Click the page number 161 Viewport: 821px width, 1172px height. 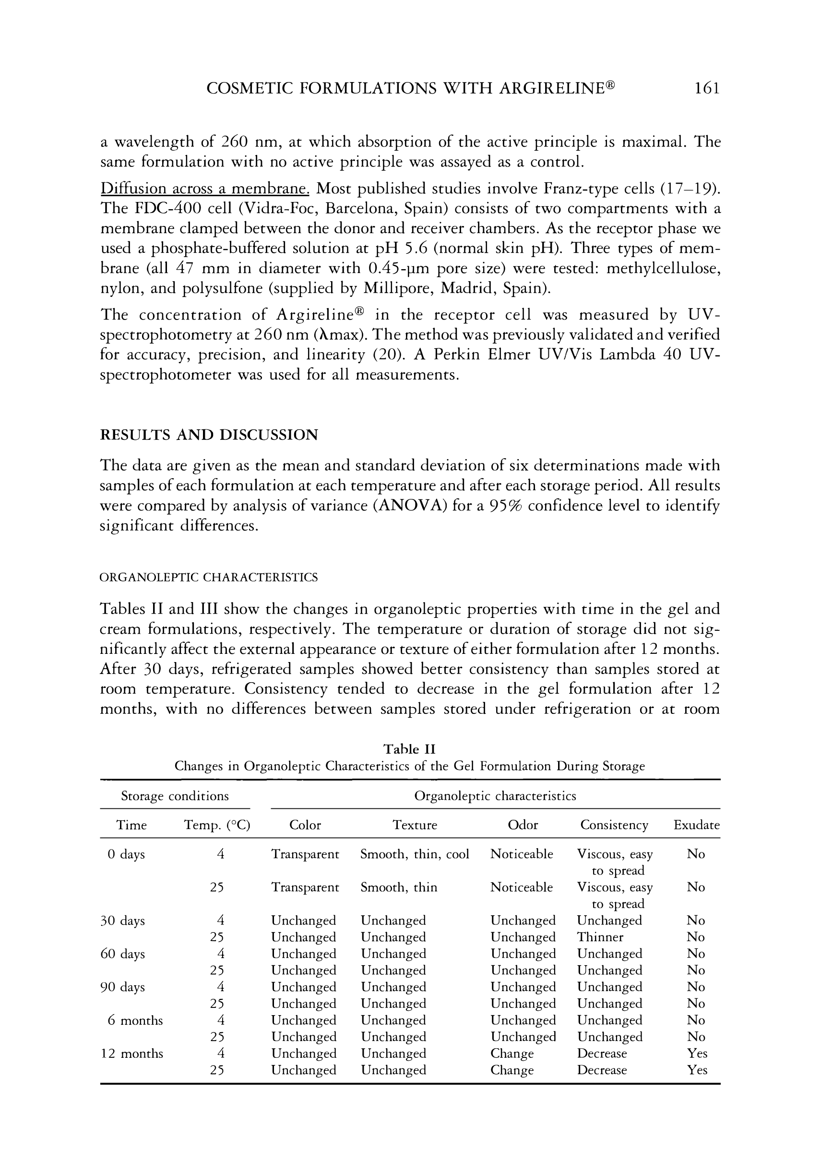707,89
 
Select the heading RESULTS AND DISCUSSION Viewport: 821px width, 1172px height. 208,435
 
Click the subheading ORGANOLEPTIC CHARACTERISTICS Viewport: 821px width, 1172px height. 208,577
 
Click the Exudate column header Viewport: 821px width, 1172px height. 696,825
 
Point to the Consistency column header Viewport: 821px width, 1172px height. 614,825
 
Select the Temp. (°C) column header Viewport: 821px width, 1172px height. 217,825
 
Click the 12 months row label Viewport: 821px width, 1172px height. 132,1053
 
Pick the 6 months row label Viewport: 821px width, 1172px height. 135,1020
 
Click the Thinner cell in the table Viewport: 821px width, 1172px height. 600,936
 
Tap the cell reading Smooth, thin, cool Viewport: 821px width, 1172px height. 415,854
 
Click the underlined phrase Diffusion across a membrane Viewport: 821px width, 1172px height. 205,189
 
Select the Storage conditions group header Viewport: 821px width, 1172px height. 175,796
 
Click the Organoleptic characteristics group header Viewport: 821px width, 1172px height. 495,796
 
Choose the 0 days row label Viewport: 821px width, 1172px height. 126,854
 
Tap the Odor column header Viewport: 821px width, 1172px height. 523,825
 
